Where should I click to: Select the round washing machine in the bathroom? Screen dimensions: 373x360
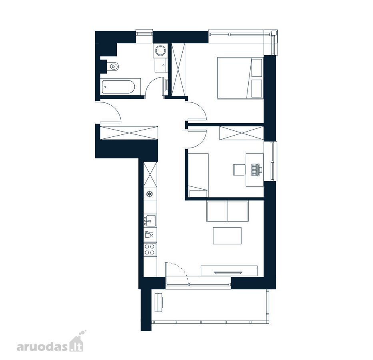[160, 50]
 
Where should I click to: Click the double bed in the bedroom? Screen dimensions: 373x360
[239, 78]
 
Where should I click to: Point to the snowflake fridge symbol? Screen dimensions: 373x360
[149, 194]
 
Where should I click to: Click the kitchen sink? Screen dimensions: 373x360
[150, 220]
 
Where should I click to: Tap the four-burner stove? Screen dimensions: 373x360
[150, 249]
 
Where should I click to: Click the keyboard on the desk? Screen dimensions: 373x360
[255, 170]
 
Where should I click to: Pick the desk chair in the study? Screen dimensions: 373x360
[239, 170]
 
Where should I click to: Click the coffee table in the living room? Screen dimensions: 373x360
[227, 236]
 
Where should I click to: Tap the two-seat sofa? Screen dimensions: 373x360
[227, 211]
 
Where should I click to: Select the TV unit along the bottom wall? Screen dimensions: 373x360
[229, 271]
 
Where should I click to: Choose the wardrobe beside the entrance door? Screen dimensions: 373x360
[129, 133]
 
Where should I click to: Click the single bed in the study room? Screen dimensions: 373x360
[198, 175]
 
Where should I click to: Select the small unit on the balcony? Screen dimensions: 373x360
[159, 302]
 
